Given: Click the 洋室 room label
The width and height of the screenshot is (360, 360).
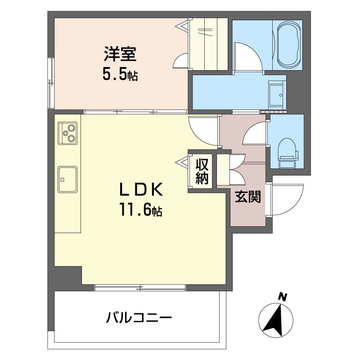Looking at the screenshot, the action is (120, 54).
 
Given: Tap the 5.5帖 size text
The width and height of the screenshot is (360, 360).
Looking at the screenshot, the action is (120, 75).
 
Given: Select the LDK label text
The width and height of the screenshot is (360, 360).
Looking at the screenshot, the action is (141, 189).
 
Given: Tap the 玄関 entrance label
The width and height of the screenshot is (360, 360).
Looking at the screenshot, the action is (248, 197).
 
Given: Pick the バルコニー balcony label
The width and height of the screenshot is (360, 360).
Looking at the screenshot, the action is (139, 318).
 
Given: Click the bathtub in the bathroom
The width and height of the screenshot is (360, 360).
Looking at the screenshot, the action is (289, 45).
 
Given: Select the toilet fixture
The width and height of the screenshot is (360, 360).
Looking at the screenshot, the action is (288, 153).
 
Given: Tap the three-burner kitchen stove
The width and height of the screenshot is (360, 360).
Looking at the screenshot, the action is (67, 133).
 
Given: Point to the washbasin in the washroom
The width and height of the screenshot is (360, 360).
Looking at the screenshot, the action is (277, 95).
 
